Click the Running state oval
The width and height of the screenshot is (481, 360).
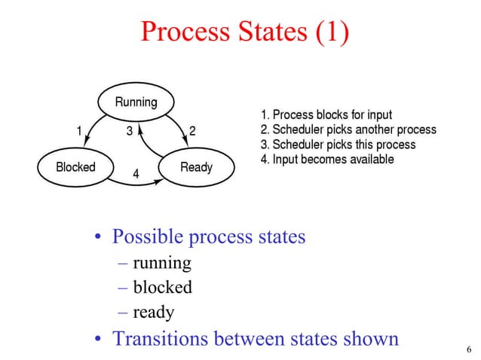136,102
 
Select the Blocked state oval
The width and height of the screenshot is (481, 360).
76,166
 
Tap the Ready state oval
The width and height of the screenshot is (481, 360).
196,166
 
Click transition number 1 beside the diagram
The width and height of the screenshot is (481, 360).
79,130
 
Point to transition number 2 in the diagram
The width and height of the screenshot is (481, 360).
192,130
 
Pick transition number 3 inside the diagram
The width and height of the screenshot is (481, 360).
130,130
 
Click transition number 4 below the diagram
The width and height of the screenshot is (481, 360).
136,173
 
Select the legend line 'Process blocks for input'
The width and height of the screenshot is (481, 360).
325,115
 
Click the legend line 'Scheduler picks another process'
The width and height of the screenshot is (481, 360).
348,130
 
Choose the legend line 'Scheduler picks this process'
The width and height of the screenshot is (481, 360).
337,145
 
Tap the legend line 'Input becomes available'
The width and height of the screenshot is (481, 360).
326,160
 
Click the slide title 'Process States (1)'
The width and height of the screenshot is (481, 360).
245,32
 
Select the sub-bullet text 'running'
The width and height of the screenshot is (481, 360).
161,264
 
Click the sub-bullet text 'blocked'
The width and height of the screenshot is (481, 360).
162,287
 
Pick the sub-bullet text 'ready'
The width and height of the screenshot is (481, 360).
153,312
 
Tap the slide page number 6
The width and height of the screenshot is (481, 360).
469,349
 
